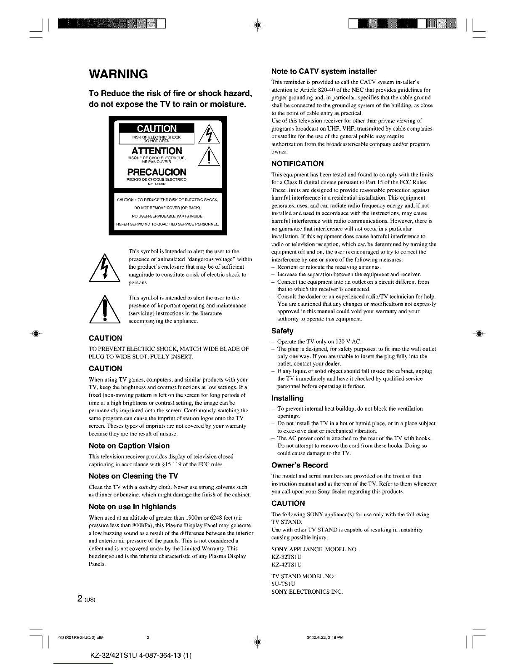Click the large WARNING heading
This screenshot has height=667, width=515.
pos(118,74)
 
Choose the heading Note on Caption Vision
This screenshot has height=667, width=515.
pos(129,446)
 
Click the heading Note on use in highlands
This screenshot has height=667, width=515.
pos(133,507)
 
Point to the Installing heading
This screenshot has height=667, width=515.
pos(287,398)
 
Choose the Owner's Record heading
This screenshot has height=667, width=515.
pos(300,465)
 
